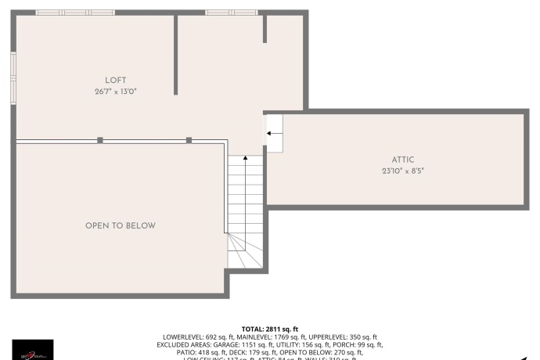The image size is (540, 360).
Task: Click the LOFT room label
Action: [116, 80]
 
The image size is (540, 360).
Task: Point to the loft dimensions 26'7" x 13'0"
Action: [116, 91]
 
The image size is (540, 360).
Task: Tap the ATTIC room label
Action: [403, 160]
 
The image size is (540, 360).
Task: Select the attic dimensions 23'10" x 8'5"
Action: [403, 171]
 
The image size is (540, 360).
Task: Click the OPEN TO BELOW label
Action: [121, 225]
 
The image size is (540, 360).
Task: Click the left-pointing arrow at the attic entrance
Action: [273, 134]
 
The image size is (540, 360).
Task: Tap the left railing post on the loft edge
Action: [100, 140]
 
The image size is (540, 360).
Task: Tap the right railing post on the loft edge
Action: [189, 140]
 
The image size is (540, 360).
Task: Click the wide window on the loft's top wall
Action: [75, 13]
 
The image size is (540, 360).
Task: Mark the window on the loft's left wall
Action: [13, 77]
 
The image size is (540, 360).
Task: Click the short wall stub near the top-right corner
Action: [265, 28]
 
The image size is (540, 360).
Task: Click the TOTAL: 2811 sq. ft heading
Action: [270, 329]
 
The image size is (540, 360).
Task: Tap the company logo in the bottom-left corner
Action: [33, 349]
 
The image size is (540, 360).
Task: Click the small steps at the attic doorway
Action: [275, 134]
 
